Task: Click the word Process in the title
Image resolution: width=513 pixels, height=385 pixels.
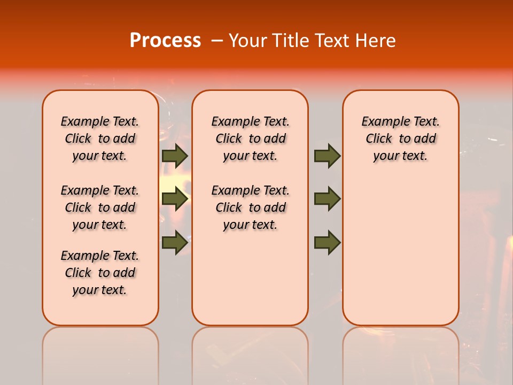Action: pyautogui.click(x=165, y=40)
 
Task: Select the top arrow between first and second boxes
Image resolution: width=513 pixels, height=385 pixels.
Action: pyautogui.click(x=175, y=156)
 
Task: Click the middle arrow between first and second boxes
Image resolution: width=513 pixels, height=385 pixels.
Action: pyautogui.click(x=175, y=199)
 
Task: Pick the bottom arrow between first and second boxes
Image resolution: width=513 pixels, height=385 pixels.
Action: pyautogui.click(x=175, y=243)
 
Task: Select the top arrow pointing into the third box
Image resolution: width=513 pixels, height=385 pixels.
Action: pyautogui.click(x=327, y=156)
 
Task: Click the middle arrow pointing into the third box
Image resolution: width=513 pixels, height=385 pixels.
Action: pyautogui.click(x=327, y=199)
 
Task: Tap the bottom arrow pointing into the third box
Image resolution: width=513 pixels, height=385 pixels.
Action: pyautogui.click(x=327, y=243)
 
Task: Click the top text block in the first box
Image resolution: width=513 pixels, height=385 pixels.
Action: pyautogui.click(x=100, y=138)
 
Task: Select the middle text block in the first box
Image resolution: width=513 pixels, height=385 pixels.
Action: pyautogui.click(x=100, y=207)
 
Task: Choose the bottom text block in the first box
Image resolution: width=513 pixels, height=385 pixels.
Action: pyautogui.click(x=100, y=273)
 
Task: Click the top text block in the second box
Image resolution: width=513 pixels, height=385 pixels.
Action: pyautogui.click(x=250, y=138)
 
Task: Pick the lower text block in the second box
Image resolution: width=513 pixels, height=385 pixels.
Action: pyautogui.click(x=250, y=207)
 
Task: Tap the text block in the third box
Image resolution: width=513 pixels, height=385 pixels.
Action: pyautogui.click(x=401, y=138)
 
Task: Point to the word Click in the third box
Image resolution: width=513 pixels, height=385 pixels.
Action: pyautogui.click(x=379, y=139)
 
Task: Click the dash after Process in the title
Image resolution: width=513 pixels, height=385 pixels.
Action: pyautogui.click(x=217, y=41)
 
